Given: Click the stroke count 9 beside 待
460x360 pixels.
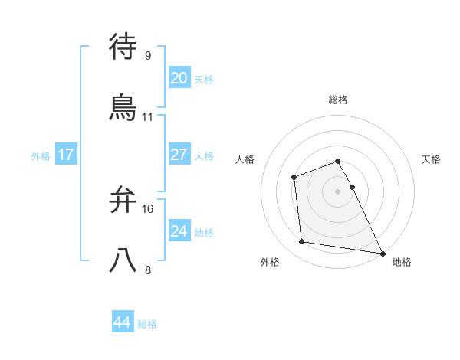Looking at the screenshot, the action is [x=148, y=55].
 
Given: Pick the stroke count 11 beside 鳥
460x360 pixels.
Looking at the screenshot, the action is [x=148, y=117].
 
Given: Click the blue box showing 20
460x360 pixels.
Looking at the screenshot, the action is [x=179, y=77].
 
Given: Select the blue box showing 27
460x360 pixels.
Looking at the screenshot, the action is [x=179, y=155].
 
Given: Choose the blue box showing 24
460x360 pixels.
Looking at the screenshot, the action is [x=179, y=231].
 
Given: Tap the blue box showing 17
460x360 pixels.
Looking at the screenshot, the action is [x=66, y=155].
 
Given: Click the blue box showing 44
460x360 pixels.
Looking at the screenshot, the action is [x=123, y=322].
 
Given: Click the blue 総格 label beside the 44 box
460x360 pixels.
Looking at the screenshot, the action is [x=147, y=324].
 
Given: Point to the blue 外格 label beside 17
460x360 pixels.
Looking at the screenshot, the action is [x=41, y=156].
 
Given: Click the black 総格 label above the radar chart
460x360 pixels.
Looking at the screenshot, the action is [x=338, y=100].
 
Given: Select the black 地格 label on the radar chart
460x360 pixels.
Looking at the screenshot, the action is [x=402, y=263].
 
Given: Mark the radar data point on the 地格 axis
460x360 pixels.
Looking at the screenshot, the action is [x=382, y=253].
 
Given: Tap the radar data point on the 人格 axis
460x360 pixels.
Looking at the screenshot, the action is [x=294, y=178].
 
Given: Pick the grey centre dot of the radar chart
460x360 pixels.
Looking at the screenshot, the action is [x=338, y=191].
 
